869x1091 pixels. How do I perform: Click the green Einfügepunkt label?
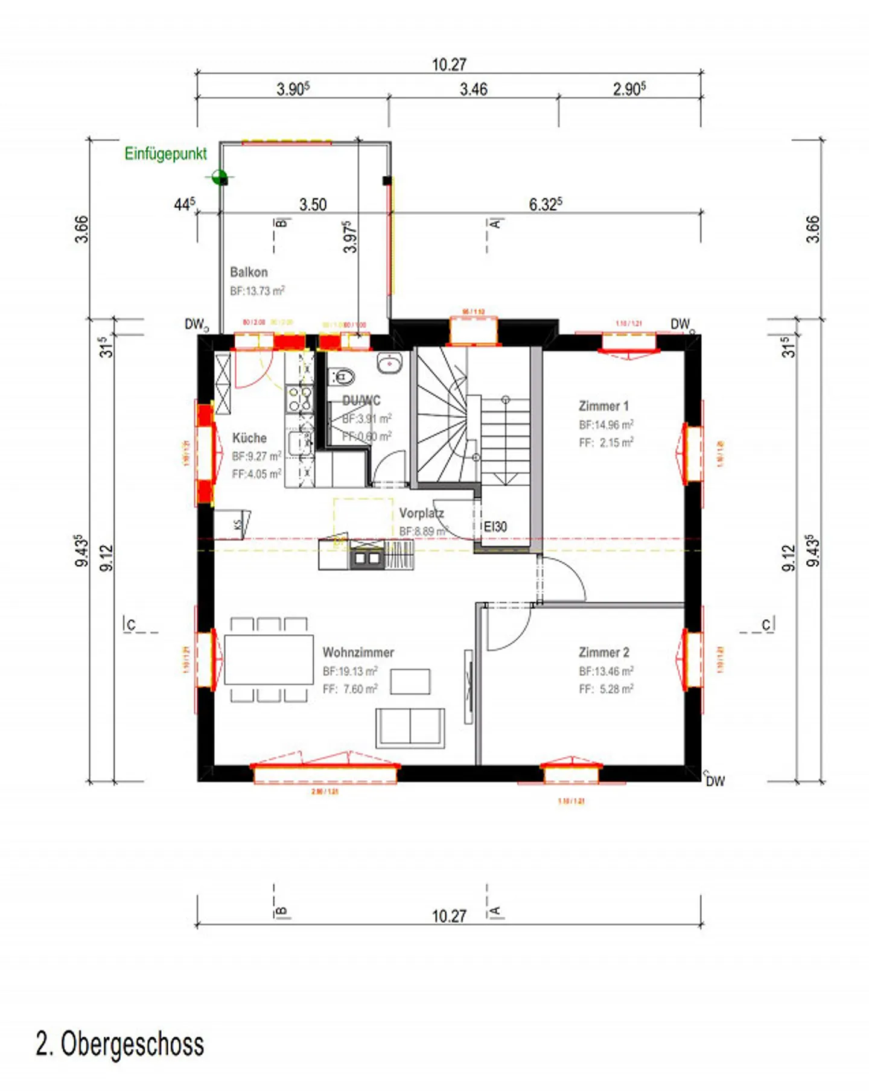pos(165,154)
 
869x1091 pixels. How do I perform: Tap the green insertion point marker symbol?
pos(220,178)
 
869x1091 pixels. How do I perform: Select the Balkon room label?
pos(249,272)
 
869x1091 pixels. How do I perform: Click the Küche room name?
pos(249,438)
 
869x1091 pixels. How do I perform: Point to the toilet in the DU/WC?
pos(342,377)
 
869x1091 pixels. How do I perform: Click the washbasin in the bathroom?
pos(389,363)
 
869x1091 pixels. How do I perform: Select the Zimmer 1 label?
pos(603,406)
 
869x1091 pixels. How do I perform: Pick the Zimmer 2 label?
pos(603,652)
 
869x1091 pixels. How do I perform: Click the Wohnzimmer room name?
pos(358,652)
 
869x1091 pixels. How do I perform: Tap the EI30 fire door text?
pos(495,526)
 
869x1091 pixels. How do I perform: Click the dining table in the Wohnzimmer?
pos(269,659)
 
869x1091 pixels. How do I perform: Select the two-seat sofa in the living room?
pos(410,727)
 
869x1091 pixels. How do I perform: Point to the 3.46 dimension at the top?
pos(473,90)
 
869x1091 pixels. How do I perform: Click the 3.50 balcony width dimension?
pos(313,205)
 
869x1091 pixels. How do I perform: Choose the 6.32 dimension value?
pos(545,205)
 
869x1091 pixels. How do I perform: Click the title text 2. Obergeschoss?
pos(120,1044)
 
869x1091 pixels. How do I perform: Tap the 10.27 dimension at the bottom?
pos(449,916)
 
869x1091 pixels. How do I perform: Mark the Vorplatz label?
pos(421,514)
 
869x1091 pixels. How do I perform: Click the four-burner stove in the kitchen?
pos(299,399)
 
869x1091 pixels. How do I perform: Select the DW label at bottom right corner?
pos(715,781)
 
